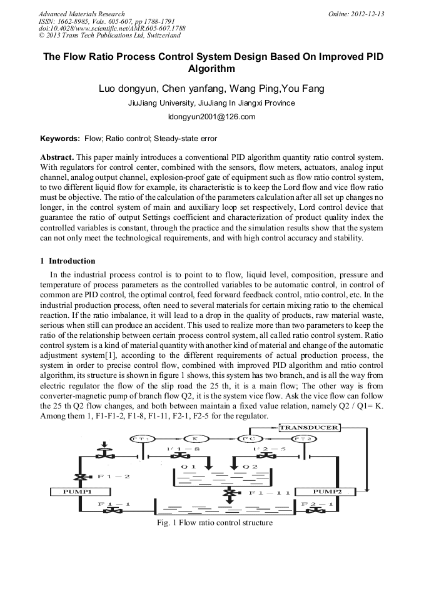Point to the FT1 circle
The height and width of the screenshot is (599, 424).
pyautogui.click(x=140, y=439)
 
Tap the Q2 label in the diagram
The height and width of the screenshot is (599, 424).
pyautogui.click(x=248, y=467)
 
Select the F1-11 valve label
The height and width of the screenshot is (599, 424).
pyautogui.click(x=270, y=493)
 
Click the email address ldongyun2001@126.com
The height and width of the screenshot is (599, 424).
pyautogui.click(x=212, y=117)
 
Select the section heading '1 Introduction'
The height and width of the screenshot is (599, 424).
pyautogui.click(x=68, y=261)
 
